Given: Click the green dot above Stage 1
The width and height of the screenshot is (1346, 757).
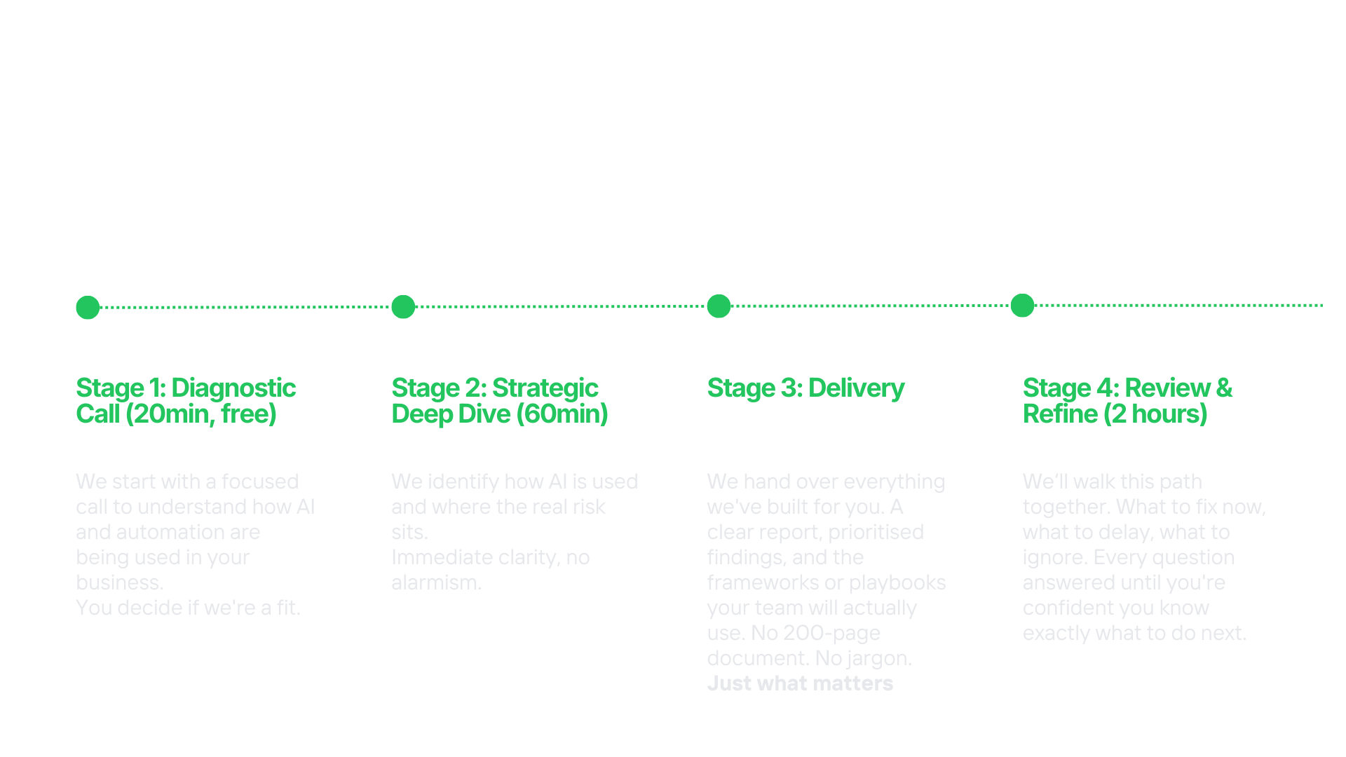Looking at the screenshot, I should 88,307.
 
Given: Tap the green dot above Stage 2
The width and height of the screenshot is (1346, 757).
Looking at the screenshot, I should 403,306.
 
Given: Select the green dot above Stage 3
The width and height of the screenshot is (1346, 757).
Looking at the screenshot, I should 719,306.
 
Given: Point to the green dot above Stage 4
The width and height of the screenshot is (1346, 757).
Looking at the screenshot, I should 1022,305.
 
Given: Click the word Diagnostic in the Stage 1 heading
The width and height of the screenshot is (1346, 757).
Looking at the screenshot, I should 233,388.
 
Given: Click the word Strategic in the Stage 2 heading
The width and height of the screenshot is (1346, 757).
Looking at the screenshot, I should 545,388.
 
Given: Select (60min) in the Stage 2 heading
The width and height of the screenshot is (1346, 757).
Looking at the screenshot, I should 562,414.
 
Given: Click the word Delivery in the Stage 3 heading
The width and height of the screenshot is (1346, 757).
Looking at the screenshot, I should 856,388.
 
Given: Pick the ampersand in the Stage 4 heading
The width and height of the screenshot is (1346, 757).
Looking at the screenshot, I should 1224,388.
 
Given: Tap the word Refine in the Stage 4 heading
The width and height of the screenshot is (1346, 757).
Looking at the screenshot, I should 1060,414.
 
